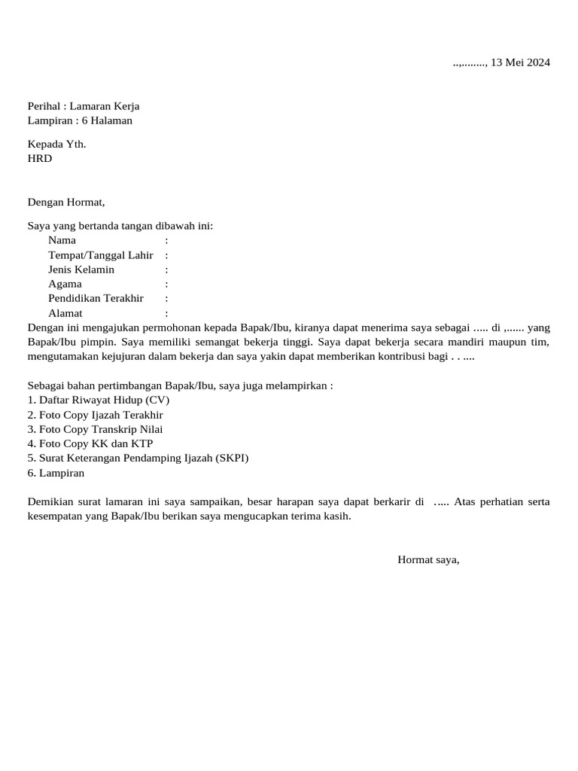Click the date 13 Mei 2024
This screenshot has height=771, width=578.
pyautogui.click(x=521, y=62)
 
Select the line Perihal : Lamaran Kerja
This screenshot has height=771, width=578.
pyautogui.click(x=84, y=106)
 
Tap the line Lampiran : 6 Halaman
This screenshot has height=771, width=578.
pyautogui.click(x=80, y=120)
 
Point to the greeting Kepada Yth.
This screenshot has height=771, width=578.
pyautogui.click(x=57, y=144)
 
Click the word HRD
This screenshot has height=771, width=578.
pyautogui.click(x=40, y=158)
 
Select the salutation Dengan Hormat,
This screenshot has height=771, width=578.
pyautogui.click(x=66, y=202)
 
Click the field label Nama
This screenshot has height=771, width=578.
pyautogui.click(x=62, y=240)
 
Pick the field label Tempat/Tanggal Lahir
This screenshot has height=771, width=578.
pyautogui.click(x=100, y=255)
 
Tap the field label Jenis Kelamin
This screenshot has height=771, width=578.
pyautogui.click(x=81, y=270)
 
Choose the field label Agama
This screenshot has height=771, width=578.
pyautogui.click(x=65, y=284)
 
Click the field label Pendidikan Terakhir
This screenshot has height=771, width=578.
pyautogui.click(x=96, y=298)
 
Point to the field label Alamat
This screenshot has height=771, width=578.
pyautogui.click(x=65, y=313)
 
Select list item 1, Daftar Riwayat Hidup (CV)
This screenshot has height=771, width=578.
pyautogui.click(x=99, y=401)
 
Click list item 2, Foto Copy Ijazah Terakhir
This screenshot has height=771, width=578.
pyautogui.click(x=95, y=415)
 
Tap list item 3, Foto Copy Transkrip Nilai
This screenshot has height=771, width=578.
pyautogui.click(x=95, y=429)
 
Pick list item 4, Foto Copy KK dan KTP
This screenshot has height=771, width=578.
pyautogui.click(x=90, y=443)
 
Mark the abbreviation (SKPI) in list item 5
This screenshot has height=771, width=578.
pyautogui.click(x=231, y=458)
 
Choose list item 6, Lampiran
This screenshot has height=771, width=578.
pyautogui.click(x=56, y=473)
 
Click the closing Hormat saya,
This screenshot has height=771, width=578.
pyautogui.click(x=428, y=559)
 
